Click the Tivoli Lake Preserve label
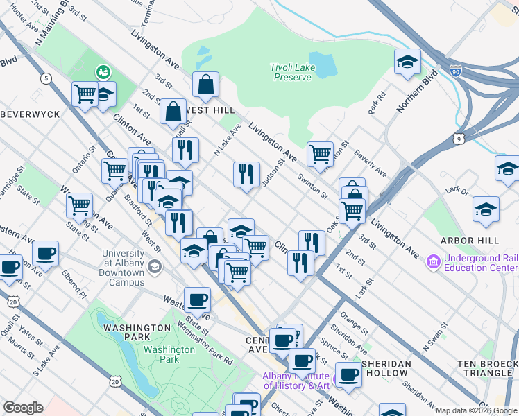(291, 72)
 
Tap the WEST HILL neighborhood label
(209, 110)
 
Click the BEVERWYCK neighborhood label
(28, 112)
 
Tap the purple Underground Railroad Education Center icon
(434, 262)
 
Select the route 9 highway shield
(459, 139)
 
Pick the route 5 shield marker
(46, 78)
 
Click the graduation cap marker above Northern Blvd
(408, 63)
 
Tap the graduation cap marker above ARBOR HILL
(486, 209)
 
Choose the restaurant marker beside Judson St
(246, 175)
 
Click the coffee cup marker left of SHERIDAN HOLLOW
(348, 374)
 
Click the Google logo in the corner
(23, 407)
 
